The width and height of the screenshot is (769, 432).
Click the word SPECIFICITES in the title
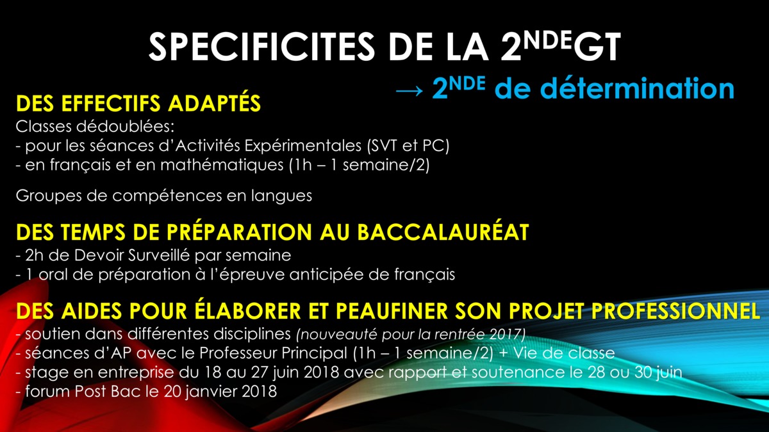261,47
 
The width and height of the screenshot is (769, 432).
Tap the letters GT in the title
597,47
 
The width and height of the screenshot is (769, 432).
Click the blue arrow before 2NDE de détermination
409,91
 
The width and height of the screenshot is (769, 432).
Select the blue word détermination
637,88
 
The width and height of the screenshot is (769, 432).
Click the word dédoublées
126,127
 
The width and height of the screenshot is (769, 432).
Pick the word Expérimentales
302,146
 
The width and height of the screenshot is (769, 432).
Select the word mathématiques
222,165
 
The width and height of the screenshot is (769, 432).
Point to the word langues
281,196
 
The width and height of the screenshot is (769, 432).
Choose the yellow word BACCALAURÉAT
443,232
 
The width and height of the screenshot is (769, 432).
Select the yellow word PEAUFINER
392,311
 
